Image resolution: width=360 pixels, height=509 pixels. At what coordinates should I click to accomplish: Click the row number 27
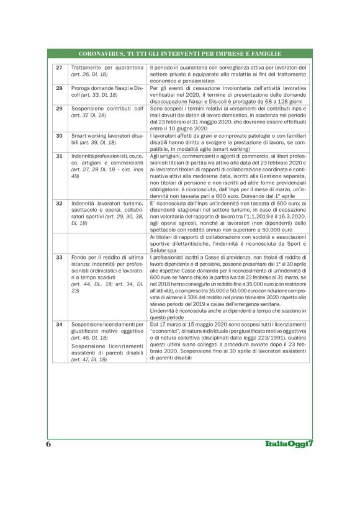[x=59, y=67]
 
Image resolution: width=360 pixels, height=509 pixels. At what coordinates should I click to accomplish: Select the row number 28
[x=59, y=88]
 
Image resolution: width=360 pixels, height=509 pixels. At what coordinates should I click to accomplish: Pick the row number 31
[x=59, y=156]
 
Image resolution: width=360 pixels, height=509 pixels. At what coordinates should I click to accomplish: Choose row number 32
[x=59, y=203]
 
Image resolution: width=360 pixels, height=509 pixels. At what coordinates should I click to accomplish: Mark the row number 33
[x=59, y=256]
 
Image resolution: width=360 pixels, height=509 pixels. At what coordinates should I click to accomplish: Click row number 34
[x=59, y=325]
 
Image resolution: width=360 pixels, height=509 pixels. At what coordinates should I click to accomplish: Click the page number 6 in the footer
[x=48, y=444]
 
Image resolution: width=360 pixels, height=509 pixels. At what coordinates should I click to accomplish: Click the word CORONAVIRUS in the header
[x=102, y=54]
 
